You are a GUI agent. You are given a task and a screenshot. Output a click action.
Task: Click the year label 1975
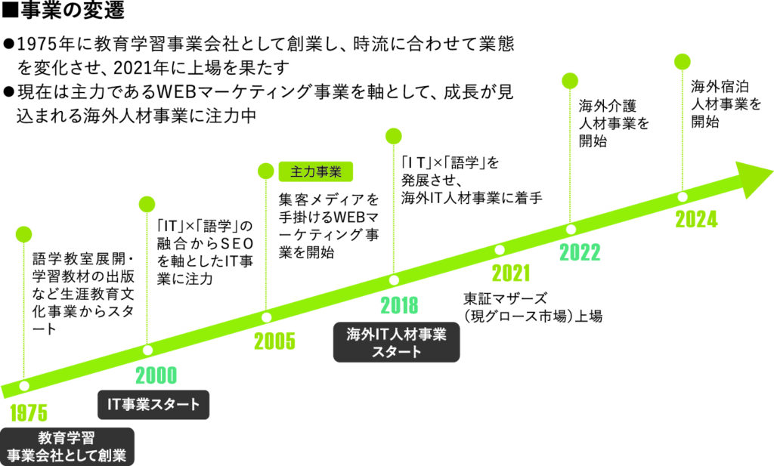click(29, 412)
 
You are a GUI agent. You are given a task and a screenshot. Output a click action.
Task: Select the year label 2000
click(156, 376)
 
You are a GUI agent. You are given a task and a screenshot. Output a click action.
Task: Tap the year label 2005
click(274, 341)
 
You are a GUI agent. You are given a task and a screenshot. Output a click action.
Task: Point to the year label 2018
click(399, 305)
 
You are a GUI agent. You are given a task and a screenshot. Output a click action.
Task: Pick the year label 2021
click(511, 273)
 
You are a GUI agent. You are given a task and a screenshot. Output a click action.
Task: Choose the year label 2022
click(580, 252)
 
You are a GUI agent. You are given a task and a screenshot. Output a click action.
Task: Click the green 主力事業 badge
click(316, 171)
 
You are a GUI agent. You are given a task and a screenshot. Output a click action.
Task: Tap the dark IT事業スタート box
click(153, 405)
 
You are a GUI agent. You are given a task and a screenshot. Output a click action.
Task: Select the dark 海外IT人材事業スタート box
click(396, 343)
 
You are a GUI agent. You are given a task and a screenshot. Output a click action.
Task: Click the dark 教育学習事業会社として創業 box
click(67, 447)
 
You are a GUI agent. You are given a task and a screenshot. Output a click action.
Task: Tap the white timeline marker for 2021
click(500, 249)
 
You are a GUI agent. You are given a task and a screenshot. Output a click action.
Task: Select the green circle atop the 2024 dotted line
click(683, 62)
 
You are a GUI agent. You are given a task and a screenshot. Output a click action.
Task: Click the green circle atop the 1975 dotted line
click(23, 234)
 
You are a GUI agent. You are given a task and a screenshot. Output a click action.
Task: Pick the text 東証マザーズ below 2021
click(505, 298)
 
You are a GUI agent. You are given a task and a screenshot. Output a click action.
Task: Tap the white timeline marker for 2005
click(266, 317)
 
